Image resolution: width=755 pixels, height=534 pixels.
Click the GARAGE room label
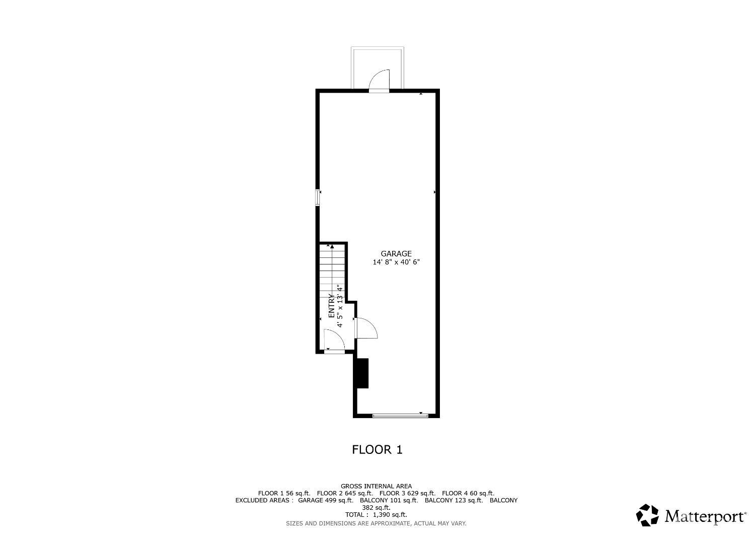396,254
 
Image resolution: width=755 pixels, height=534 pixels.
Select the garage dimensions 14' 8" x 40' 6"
396,262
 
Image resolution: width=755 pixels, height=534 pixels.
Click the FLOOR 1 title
377,449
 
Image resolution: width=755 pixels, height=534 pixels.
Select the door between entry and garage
365,328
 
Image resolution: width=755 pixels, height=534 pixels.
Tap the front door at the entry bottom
334,342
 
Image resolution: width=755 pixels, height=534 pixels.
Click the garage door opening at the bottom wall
400,416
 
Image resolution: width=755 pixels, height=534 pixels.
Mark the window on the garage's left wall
317,197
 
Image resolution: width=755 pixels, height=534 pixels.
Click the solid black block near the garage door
362,373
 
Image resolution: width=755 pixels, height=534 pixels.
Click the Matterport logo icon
647,515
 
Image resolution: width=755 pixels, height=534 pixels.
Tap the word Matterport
705,516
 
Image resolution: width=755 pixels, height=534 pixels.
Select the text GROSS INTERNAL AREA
376,486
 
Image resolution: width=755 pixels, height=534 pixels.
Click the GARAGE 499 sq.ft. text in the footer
325,500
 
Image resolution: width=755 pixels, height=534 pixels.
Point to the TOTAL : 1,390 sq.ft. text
376,515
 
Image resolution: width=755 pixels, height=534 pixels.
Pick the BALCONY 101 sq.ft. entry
389,500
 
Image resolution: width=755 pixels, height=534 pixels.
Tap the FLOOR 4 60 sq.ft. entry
468,493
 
